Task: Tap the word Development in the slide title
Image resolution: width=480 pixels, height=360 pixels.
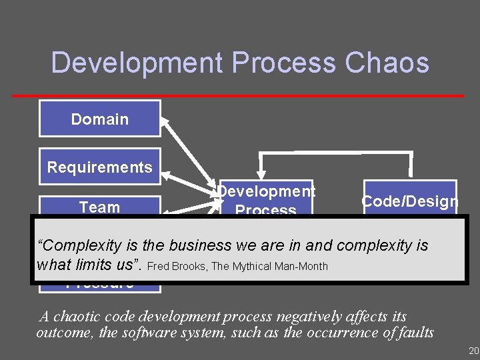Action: (x=137, y=63)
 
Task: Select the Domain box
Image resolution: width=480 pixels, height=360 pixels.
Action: (x=99, y=119)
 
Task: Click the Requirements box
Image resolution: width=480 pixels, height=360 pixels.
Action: (x=99, y=167)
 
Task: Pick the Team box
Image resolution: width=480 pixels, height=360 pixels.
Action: (x=99, y=207)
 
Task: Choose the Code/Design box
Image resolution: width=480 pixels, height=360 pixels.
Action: (x=410, y=201)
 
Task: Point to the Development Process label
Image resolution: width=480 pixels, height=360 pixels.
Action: (x=266, y=200)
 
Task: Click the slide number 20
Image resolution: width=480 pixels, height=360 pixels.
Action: (x=473, y=351)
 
